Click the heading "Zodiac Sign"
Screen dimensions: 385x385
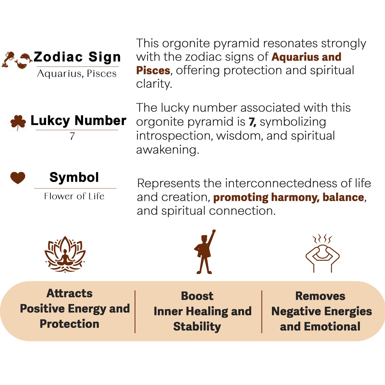[77, 57]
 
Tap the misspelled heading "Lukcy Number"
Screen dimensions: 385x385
[78, 120]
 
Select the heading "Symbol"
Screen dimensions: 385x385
[74, 177]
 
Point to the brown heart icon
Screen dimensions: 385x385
[18, 177]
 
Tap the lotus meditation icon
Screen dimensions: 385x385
[65, 254]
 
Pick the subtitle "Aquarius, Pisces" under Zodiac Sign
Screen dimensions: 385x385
[77, 74]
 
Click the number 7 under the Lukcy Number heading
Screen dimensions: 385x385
[72, 136]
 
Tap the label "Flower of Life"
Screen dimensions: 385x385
[74, 196]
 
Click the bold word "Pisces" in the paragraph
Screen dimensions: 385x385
[153, 71]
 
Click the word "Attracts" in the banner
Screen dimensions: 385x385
[70, 293]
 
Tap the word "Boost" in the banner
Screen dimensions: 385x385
[197, 296]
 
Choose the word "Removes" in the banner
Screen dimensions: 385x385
[320, 296]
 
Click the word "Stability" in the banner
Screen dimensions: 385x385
[197, 327]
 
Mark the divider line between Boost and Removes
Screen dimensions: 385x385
[262, 311]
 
